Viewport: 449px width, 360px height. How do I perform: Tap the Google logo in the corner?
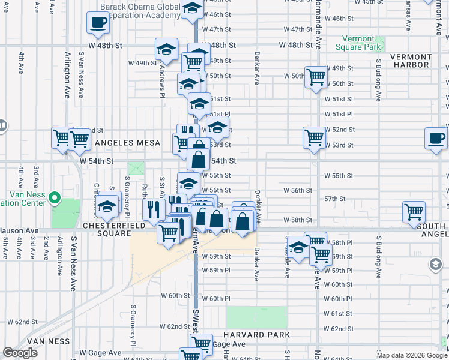tap(20, 353)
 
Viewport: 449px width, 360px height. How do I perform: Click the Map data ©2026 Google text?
tap(412, 355)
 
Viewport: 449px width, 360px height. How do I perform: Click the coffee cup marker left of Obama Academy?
tap(98, 23)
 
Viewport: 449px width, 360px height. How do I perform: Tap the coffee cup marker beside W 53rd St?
tap(436, 138)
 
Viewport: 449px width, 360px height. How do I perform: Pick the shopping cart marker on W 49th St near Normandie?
tap(315, 77)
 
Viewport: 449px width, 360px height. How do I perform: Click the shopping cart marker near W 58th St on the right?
tap(414, 212)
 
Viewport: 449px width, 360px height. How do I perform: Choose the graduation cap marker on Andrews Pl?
tap(166, 50)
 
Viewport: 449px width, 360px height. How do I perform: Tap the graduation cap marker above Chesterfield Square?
tap(107, 207)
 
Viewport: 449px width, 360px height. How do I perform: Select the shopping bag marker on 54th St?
tap(198, 160)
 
